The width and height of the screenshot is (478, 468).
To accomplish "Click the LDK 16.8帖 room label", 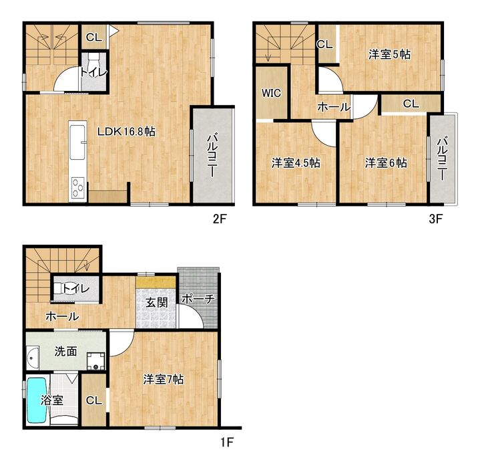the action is pos(126,132).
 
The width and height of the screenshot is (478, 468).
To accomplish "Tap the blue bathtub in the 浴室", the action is pos(37,400).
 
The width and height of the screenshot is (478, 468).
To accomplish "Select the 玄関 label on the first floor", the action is pos(156,303).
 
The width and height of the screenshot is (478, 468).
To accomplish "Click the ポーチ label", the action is pos(198,299).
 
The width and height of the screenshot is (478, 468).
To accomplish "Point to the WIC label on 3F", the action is pos(271,93).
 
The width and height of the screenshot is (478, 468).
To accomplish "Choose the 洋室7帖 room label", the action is pos(164,380).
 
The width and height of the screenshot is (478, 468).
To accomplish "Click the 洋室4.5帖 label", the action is pos(296,162).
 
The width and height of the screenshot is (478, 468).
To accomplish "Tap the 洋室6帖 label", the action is pos(386,162).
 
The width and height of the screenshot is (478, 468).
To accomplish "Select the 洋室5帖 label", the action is pos(389,54).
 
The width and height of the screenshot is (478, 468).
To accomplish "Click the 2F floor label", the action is pos(220,219).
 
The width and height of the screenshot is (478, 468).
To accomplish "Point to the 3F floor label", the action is pos(436,219).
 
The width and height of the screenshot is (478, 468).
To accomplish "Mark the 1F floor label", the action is pos(227,442).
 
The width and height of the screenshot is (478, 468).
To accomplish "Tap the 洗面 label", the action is pos(65,352).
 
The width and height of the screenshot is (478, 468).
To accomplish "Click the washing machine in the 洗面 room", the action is pos(96,362).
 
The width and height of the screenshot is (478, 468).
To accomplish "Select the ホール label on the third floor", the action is pos(334,107).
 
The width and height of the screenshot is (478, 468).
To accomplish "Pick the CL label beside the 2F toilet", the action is pos(94,37).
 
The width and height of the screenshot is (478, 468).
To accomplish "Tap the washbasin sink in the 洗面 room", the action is pos(33,358).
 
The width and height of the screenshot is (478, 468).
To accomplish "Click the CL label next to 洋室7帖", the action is pos(94,400).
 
